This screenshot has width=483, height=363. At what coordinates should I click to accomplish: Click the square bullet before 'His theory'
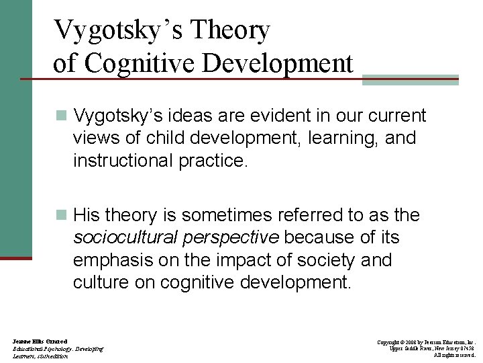click(62, 216)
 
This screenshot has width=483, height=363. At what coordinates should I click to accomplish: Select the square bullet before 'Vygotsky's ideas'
click(62, 116)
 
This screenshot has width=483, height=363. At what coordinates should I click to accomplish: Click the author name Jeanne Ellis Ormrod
click(40, 342)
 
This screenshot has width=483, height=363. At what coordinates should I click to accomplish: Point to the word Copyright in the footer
click(393, 342)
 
